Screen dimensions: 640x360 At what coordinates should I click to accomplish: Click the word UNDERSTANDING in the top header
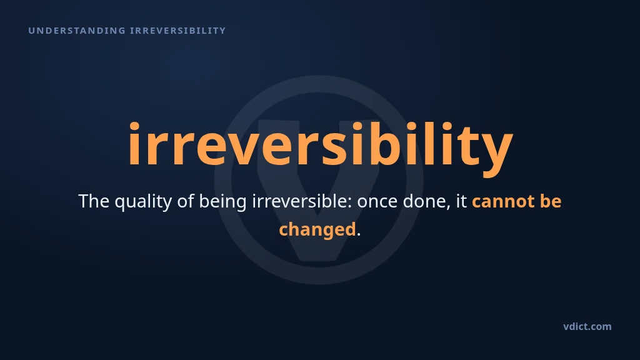click(x=77, y=31)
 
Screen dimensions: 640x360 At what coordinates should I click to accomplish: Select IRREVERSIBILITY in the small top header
click(x=177, y=31)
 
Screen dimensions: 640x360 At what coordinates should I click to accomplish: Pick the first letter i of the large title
click(x=134, y=144)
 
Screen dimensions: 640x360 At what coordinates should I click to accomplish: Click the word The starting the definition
click(x=94, y=201)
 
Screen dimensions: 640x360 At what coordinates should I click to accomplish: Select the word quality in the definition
click(x=143, y=202)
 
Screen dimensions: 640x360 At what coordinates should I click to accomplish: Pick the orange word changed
click(x=317, y=230)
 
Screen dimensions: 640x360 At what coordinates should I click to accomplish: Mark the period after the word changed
click(x=359, y=234)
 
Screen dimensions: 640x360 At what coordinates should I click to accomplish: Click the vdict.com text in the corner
click(x=587, y=326)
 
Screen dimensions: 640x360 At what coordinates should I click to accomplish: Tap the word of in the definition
click(x=185, y=201)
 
